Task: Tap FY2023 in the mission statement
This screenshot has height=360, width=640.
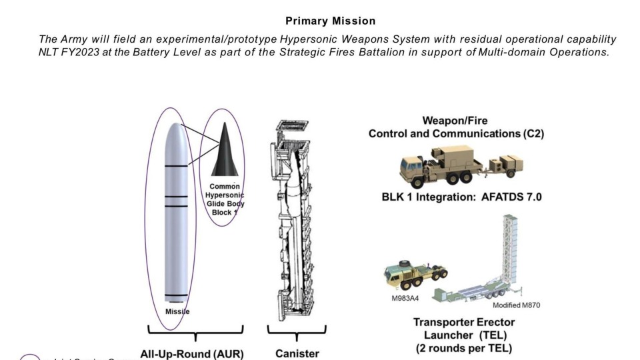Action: point(82,51)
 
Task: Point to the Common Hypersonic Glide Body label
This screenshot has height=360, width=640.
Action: point(225,199)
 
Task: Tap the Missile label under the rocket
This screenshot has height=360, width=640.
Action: point(177,311)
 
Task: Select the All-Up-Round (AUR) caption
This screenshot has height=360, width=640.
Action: point(192,353)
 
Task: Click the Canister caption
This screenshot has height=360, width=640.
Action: point(297,353)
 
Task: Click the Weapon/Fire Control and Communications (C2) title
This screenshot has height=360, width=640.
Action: point(456,127)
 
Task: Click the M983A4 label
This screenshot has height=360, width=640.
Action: point(405,298)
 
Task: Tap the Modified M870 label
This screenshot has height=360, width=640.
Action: point(516,305)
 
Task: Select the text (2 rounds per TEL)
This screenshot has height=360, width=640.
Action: point(465,348)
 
